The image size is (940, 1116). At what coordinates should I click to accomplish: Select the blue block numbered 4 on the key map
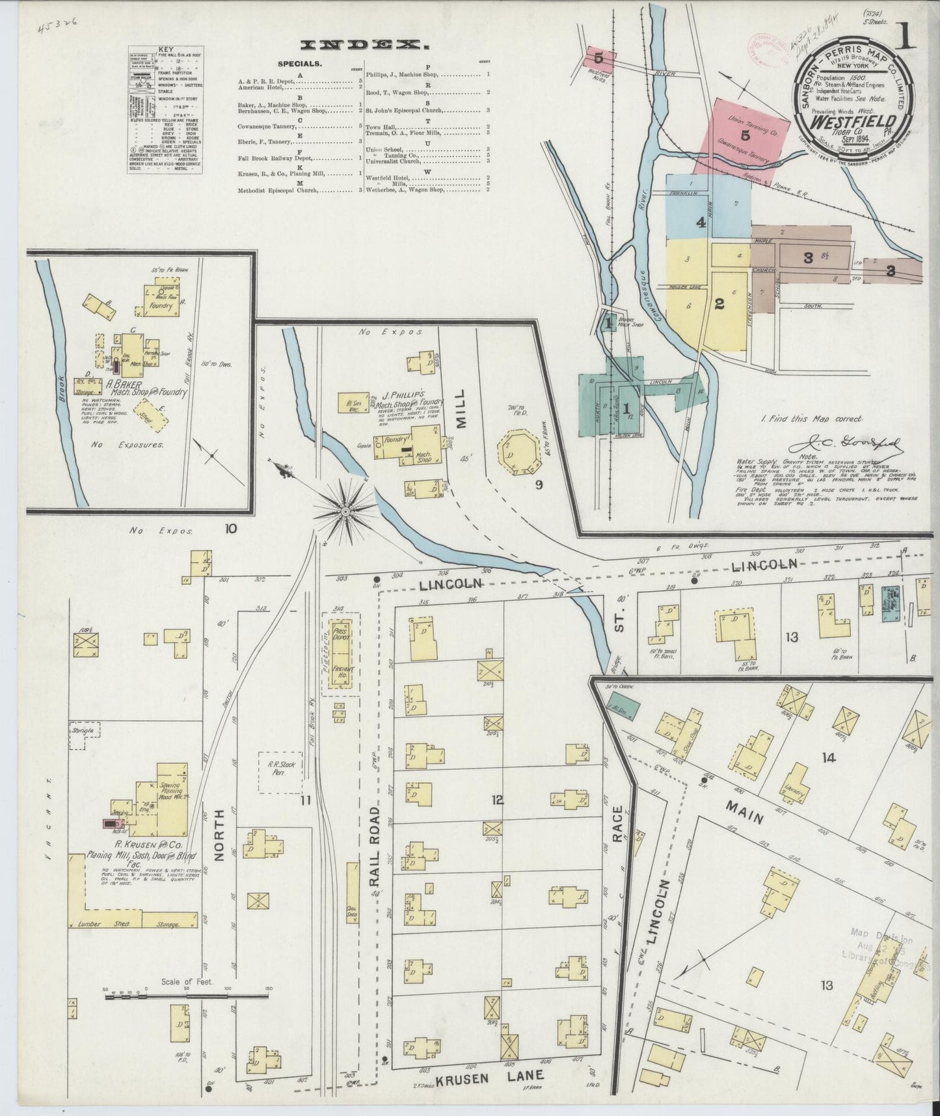tap(700, 223)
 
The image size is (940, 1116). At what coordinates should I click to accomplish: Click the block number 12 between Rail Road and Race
tap(498, 800)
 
